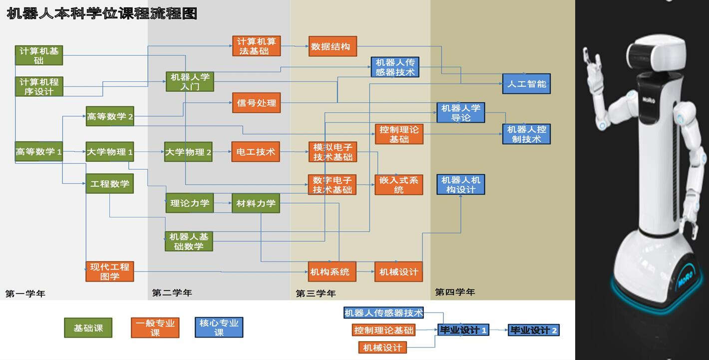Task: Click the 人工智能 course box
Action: [526, 84]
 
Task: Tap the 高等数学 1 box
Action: [38, 151]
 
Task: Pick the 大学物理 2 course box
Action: [188, 152]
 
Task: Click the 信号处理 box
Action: [256, 103]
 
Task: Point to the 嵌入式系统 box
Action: [398, 185]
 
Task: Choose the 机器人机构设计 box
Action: [461, 184]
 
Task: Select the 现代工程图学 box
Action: [109, 272]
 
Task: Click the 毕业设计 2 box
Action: [533, 330]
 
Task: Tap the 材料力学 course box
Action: [256, 203]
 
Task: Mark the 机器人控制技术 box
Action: [526, 134]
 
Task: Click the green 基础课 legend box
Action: [88, 328]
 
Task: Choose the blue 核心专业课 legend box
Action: [219, 328]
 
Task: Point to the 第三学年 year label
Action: [316, 294]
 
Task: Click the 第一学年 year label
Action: [25, 294]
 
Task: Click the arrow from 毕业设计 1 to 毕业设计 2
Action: [498, 330]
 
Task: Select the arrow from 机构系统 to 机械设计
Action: [365, 272]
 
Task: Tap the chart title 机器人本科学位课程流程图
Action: [102, 13]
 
